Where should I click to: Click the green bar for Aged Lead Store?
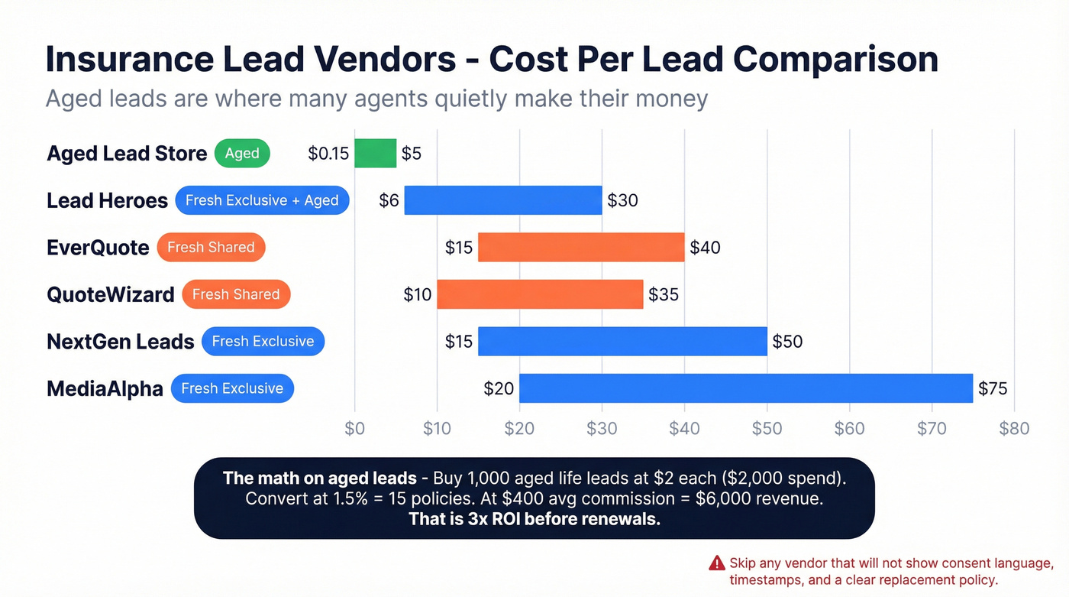pos(376,154)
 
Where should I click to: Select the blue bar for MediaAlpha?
pos(746,388)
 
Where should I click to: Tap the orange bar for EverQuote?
pos(581,248)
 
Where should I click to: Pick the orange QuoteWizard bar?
pos(540,294)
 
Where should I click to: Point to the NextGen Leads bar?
pos(622,341)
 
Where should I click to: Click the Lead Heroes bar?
pos(502,200)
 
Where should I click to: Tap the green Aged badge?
pos(242,154)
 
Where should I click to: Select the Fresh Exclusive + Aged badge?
pos(262,200)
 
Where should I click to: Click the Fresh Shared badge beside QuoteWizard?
pos(236,294)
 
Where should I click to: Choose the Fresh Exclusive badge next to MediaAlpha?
pos(232,388)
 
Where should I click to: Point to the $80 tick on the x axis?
pos(1014,429)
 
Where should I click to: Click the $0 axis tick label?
pos(354,429)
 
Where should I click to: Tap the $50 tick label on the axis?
pos(767,429)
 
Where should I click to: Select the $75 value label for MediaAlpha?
pos(993,388)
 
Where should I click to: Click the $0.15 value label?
pos(328,154)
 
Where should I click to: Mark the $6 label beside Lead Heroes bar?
pos(389,200)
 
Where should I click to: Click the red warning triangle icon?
pos(716,563)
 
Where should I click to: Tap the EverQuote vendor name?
pos(98,248)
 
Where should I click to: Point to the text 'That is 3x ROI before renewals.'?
pos(534,519)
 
